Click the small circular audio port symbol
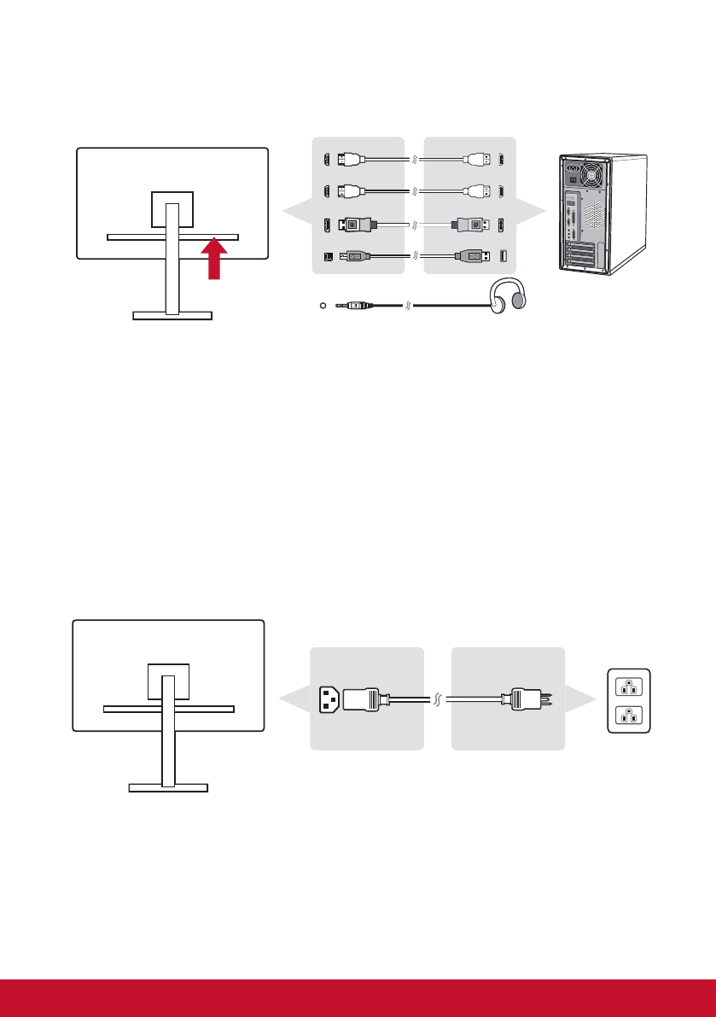[320, 304]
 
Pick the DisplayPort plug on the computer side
[470, 226]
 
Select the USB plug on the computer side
[472, 254]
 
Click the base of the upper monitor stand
[172, 315]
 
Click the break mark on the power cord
[437, 699]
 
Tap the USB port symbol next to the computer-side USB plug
[501, 254]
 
